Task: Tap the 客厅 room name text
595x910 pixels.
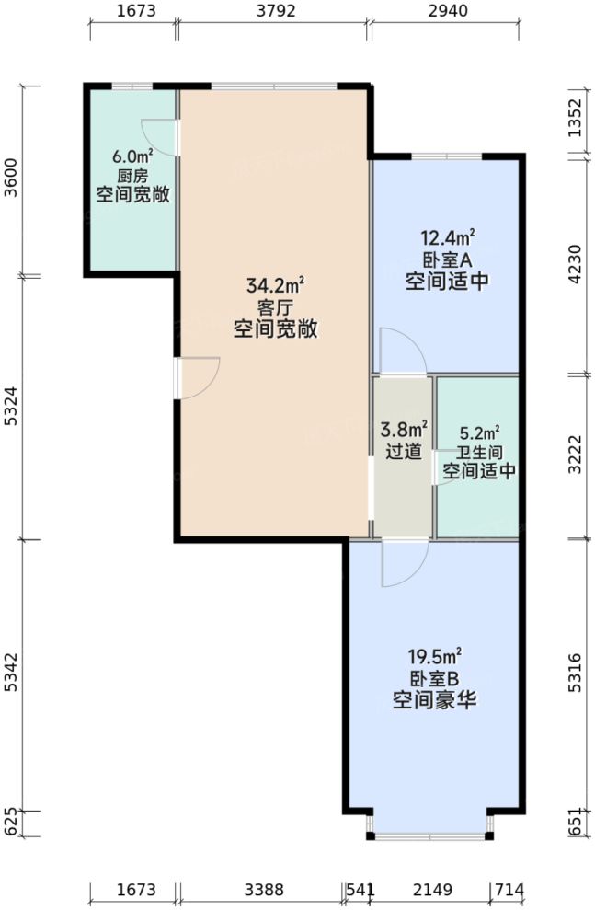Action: tap(275, 306)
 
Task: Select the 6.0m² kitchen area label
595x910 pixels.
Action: tap(132, 156)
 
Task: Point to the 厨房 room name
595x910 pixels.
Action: tap(132, 176)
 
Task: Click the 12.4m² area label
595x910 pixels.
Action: tap(447, 238)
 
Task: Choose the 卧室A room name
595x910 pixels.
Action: tap(447, 260)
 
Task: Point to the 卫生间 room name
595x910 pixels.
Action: tap(478, 453)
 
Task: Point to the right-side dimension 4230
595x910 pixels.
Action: tap(576, 268)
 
